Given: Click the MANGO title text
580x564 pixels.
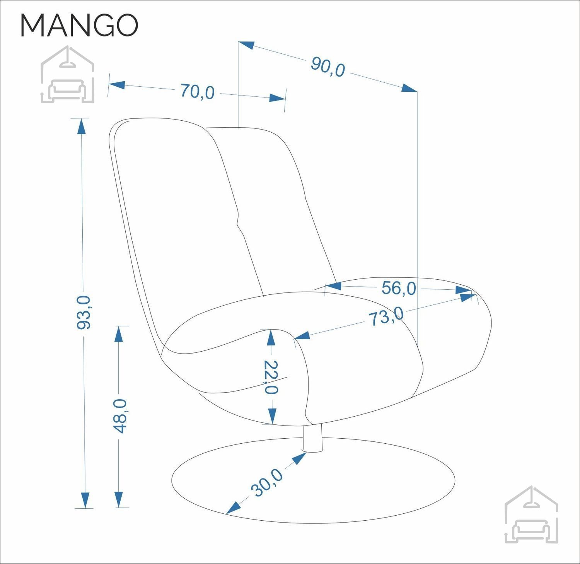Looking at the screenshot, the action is pyautogui.click(x=79, y=26).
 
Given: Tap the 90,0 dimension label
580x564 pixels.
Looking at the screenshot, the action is pyautogui.click(x=328, y=67).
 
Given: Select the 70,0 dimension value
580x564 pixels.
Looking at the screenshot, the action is pyautogui.click(x=197, y=92).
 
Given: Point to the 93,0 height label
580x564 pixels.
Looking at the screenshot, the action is pyautogui.click(x=84, y=312).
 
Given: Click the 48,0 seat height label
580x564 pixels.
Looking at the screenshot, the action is pyautogui.click(x=120, y=416).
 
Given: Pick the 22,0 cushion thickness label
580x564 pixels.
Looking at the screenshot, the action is pyautogui.click(x=271, y=377).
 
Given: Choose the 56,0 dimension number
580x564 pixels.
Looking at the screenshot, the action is pyautogui.click(x=399, y=288).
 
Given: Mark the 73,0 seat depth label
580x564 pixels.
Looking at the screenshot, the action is pyautogui.click(x=386, y=316).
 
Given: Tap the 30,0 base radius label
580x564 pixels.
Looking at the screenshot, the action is pyautogui.click(x=267, y=482).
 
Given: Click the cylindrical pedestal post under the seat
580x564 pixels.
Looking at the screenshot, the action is pyautogui.click(x=313, y=438).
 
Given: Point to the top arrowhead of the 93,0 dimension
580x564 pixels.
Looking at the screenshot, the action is pyautogui.click(x=81, y=126).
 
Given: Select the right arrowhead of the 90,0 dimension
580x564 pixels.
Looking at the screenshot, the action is pyautogui.click(x=409, y=88).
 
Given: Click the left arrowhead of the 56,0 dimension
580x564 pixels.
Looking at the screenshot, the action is pyautogui.click(x=333, y=286).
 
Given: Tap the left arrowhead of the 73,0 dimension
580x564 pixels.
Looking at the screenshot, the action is pyautogui.click(x=302, y=335).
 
